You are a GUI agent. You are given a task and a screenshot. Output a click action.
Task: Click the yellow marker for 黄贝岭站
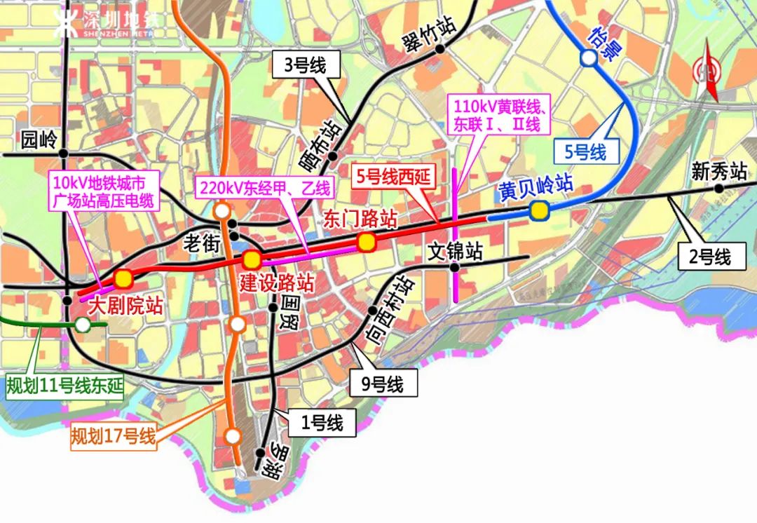538,210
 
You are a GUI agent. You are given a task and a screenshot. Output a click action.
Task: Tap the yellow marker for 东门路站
366,243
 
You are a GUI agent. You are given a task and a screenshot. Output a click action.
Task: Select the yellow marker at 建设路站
252,259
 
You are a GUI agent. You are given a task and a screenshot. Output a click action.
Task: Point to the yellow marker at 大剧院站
124,278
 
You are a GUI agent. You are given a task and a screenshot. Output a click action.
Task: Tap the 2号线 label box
709,257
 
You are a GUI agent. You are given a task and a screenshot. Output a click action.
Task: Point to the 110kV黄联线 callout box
498,116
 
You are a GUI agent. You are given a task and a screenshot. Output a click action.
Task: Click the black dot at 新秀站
718,189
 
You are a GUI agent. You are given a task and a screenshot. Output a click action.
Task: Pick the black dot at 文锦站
454,267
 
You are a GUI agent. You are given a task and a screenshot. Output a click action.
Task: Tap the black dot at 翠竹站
439,49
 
